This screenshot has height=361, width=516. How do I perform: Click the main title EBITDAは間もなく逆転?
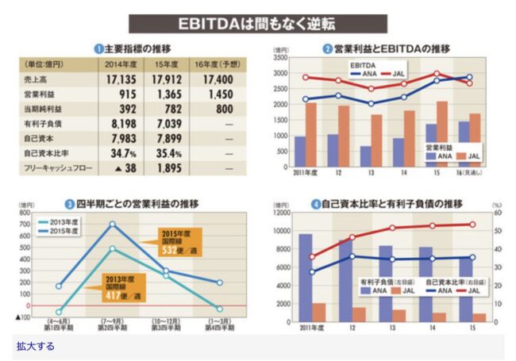[x=257, y=22]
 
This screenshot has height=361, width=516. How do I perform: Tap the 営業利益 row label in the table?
[x=39, y=94]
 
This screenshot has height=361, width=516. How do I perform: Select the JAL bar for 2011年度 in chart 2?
[x=311, y=129]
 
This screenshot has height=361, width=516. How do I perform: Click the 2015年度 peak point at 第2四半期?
[x=113, y=224]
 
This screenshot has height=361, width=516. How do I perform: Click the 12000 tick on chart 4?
[x=279, y=213]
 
